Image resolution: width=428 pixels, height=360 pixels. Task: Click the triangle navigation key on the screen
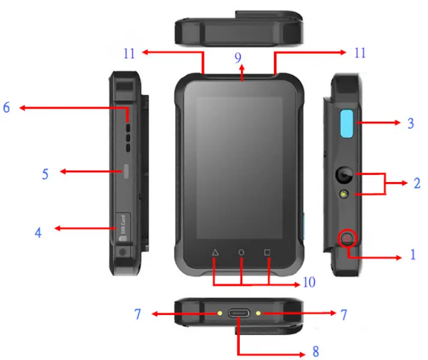(x=215, y=253)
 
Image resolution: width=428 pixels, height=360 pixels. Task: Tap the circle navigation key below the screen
(x=242, y=253)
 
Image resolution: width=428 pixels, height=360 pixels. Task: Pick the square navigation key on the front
(x=268, y=253)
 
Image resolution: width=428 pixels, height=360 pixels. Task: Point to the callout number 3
(x=411, y=124)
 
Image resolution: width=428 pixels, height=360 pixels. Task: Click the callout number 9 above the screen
(x=238, y=58)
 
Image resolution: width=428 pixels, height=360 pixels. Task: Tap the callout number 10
(x=309, y=282)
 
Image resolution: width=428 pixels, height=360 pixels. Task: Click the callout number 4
(x=38, y=232)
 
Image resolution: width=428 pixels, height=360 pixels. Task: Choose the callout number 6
(x=7, y=107)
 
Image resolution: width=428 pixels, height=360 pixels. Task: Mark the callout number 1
(x=412, y=255)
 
